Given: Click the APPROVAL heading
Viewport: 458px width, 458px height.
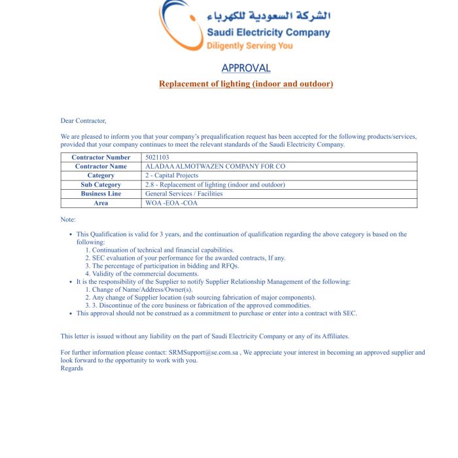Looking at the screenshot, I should [245, 68].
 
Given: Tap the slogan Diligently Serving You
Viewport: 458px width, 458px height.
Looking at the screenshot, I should [249, 46].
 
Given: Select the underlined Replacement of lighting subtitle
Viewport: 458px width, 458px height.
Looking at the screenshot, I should [245, 84].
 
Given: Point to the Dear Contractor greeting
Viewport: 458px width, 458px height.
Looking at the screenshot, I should [83, 120].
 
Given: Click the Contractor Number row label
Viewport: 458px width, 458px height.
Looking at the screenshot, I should [101, 158].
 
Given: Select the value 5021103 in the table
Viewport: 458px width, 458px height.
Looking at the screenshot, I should [157, 158].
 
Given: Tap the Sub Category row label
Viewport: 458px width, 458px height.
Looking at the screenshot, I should [101, 185].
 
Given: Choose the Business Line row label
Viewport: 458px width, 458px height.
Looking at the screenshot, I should [101, 194].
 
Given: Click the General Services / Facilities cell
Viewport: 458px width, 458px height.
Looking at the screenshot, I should [184, 194].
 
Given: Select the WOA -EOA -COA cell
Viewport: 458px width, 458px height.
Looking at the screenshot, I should [171, 203].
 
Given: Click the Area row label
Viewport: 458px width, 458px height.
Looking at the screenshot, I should [101, 203].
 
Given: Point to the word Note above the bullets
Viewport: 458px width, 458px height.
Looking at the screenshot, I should [68, 219].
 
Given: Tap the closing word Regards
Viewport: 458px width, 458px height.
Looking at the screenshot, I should [72, 368].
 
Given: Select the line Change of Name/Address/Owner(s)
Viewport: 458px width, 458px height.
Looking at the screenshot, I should [143, 290].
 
